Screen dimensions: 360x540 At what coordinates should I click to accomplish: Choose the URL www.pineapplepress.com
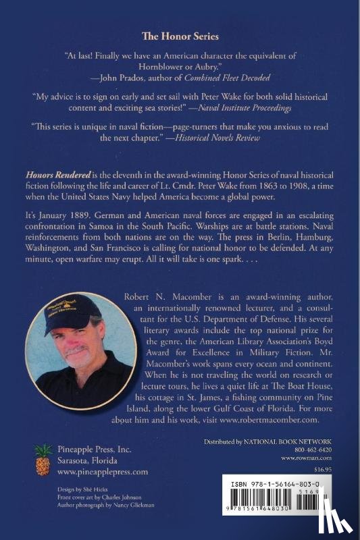[103, 472]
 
